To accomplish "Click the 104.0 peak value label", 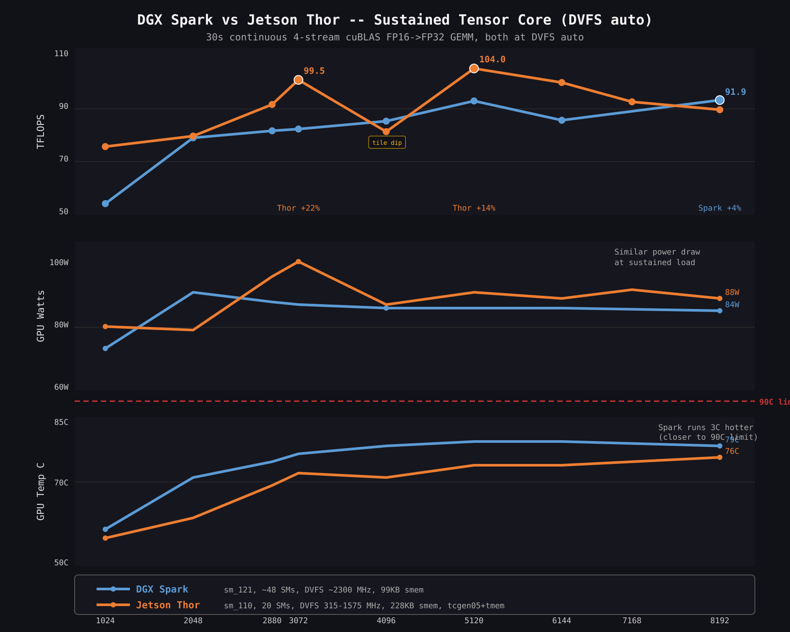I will pyautogui.click(x=492, y=60).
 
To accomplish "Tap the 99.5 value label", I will pyautogui.click(x=314, y=71).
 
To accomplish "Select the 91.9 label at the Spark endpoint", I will pyautogui.click(x=735, y=92).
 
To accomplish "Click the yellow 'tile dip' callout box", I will pyautogui.click(x=387, y=143).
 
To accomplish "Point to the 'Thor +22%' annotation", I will pyautogui.click(x=298, y=208).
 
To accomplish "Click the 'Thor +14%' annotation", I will pyautogui.click(x=474, y=208).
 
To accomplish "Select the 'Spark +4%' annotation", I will pyautogui.click(x=719, y=208).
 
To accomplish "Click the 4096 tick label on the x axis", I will pyautogui.click(x=386, y=621).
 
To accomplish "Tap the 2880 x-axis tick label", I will pyautogui.click(x=272, y=621).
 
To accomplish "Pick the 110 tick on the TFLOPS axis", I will pyautogui.click(x=61, y=54).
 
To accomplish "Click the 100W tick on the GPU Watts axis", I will pyautogui.click(x=59, y=262).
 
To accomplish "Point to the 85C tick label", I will pyautogui.click(x=61, y=422).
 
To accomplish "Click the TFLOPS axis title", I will pyautogui.click(x=41, y=132).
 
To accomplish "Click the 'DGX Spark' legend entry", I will pyautogui.click(x=162, y=589).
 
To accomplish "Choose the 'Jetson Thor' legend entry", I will pyautogui.click(x=168, y=605).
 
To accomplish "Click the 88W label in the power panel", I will pyautogui.click(x=732, y=292).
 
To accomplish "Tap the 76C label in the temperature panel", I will pyautogui.click(x=732, y=451).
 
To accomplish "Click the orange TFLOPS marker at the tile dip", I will pyautogui.click(x=386, y=132).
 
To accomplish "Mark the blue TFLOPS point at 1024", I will pyautogui.click(x=105, y=204).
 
